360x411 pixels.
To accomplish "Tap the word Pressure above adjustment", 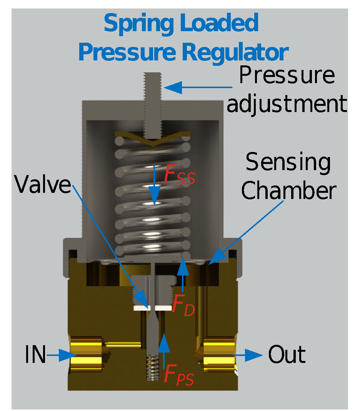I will coord(287,75).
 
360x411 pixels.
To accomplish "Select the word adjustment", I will coord(287,103).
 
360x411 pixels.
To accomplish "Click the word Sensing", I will coord(288,163).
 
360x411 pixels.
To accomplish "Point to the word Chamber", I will coord(289,190).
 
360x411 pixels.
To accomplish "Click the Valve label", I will coord(43,185).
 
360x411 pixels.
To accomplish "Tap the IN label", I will coord(35,355).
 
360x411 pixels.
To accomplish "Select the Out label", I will coord(287,355).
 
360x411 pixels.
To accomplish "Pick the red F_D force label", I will coord(183,306).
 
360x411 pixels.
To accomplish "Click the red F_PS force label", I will coord(178,374).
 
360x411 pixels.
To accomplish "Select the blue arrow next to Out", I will coord(248,355).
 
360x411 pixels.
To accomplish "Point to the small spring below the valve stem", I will coord(153,368).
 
